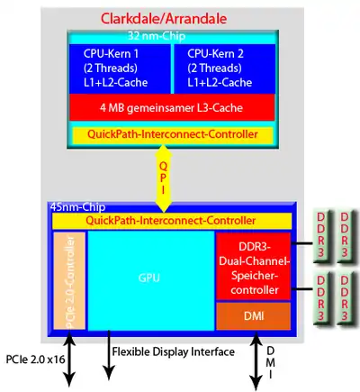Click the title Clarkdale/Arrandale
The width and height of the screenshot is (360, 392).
164,19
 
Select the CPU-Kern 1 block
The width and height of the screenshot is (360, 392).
120,68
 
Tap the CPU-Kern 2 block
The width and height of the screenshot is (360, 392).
224,68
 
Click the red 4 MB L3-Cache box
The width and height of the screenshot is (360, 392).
172,107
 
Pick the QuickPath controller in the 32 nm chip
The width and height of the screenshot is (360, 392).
173,134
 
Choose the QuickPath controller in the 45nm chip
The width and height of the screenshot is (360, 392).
172,221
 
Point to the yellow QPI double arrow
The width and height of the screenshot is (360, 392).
163,178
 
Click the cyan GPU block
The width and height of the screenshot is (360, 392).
151,280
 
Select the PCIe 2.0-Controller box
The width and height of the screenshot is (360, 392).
69,280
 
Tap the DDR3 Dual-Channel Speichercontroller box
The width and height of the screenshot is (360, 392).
254,266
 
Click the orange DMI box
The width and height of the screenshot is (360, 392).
254,316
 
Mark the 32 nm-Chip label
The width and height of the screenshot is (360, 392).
157,36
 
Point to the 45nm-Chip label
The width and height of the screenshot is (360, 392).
77,207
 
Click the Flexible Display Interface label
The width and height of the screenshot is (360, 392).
174,351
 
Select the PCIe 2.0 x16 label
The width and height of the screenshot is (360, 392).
35,360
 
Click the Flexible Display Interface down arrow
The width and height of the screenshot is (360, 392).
109,355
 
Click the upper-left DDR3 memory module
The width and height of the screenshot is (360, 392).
321,236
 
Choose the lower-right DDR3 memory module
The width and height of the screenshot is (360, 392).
346,298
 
